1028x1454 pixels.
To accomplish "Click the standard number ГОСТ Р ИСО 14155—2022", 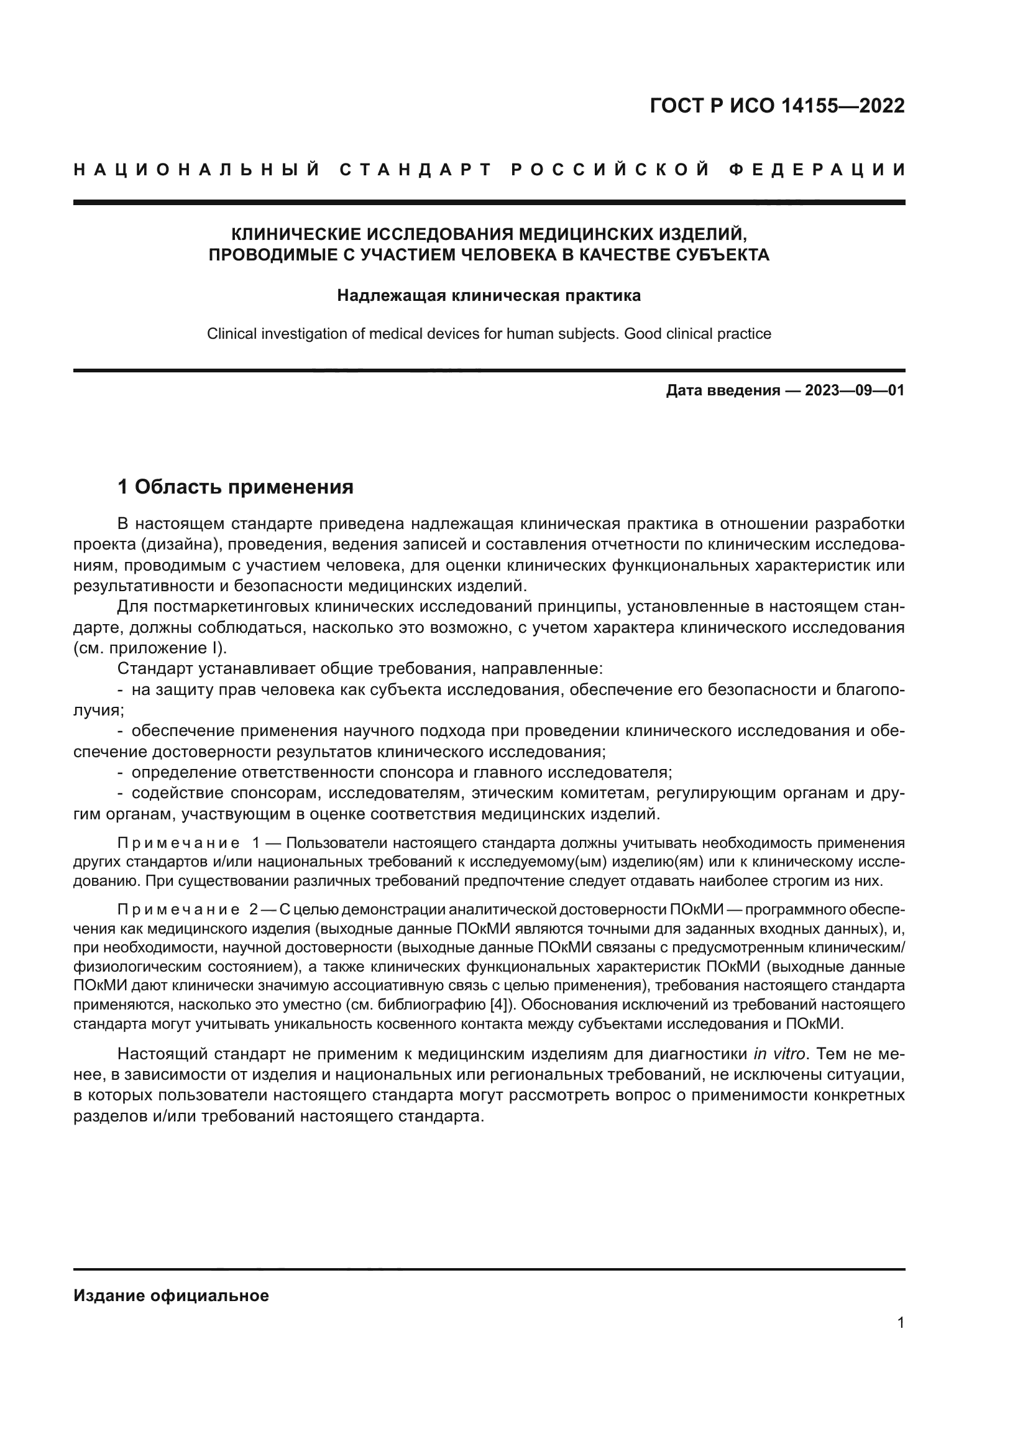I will click(777, 106).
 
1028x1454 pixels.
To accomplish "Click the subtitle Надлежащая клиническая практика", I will click(489, 296).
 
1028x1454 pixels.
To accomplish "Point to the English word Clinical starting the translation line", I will click(232, 334).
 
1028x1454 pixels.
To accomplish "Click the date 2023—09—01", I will click(855, 390).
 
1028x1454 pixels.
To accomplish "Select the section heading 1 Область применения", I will click(236, 487).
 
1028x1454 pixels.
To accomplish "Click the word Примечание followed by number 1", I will click(178, 843).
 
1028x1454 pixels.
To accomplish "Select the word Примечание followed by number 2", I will click(178, 910).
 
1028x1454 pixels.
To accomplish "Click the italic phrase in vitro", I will click(779, 1054).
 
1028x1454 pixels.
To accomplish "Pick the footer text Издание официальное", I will click(171, 1295).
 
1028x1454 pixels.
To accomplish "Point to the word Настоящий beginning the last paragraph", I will click(163, 1054).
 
